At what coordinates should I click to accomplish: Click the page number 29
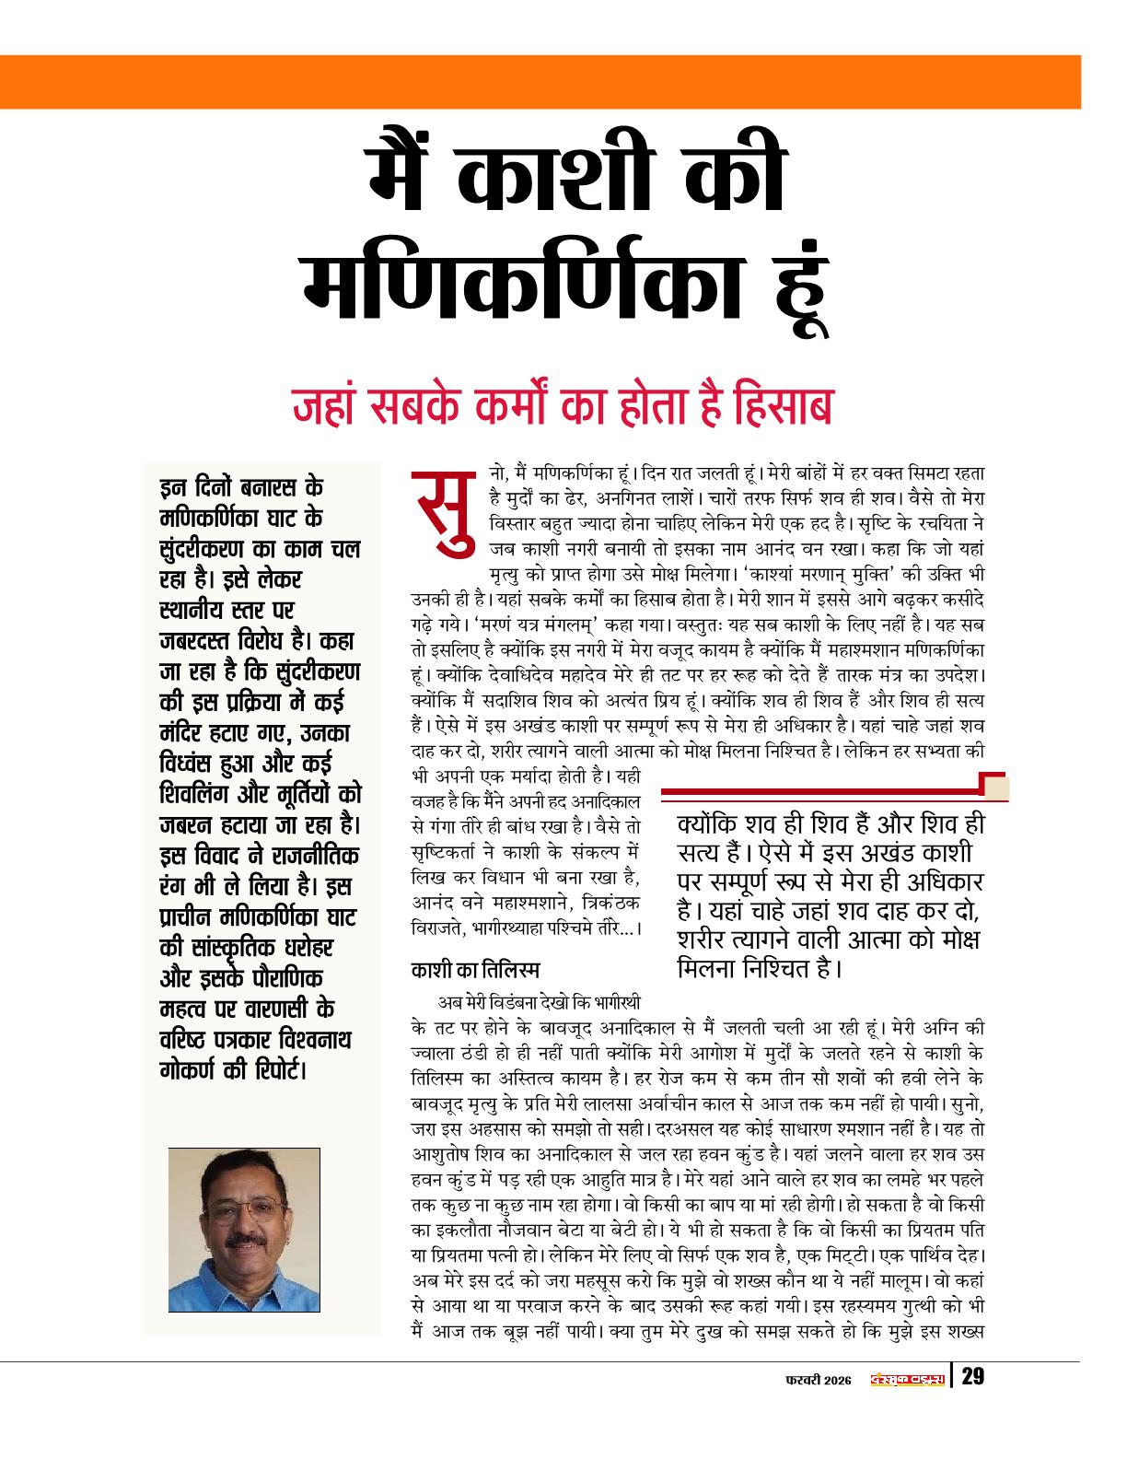pos(972,1377)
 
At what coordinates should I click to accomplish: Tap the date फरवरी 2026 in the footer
pos(818,1378)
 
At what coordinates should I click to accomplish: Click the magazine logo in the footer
pos(909,1378)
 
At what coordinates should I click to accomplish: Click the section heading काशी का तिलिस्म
pos(475,970)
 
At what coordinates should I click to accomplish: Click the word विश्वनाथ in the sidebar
pos(311,1040)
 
